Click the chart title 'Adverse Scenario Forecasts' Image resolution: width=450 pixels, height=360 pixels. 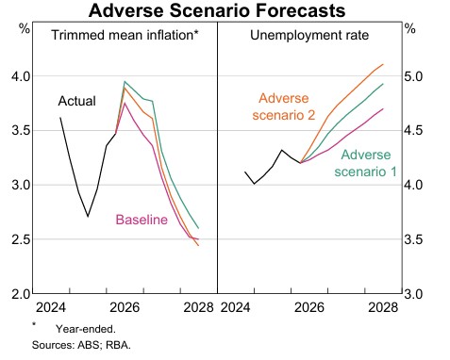tap(217, 10)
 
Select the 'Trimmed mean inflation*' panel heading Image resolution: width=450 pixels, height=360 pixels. tap(125, 35)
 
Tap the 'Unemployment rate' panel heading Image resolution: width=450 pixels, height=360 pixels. tap(309, 35)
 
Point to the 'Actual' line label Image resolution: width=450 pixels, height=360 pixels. tap(77, 101)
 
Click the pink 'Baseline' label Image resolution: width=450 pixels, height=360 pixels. tap(142, 220)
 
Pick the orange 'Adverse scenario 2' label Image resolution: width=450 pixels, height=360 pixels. tap(284, 106)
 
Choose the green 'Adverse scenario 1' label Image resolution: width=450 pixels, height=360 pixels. tap(365, 163)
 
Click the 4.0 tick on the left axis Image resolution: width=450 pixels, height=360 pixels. tap(22, 76)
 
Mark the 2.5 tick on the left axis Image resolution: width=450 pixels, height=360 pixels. tap(22, 239)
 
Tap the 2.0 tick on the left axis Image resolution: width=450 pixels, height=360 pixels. tap(22, 294)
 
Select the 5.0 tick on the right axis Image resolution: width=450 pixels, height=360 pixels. tap(413, 76)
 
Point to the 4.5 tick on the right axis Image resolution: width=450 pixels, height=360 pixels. tap(413, 130)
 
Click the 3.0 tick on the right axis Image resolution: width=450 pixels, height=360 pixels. tap(413, 294)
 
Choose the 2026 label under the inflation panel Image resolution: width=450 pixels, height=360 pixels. tap(125, 307)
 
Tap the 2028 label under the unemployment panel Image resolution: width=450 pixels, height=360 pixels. tap(383, 307)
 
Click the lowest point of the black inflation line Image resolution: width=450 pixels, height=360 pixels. tap(88, 217)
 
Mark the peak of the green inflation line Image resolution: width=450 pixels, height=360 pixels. tap(125, 82)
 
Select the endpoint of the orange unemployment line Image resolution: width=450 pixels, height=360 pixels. tap(383, 64)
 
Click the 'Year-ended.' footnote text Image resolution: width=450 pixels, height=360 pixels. tap(86, 329)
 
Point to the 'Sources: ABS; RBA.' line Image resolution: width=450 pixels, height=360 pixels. tap(81, 345)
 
